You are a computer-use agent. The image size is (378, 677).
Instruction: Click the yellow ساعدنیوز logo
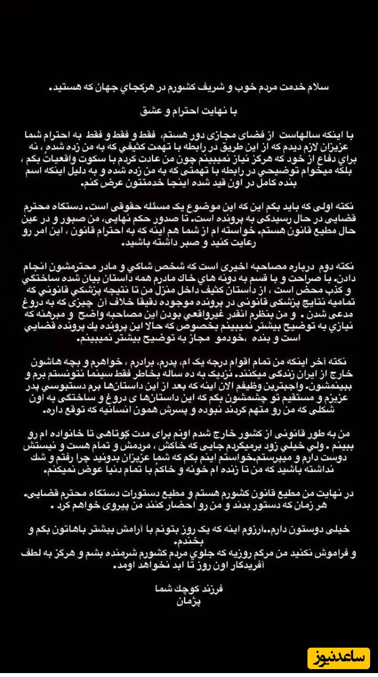[x=338, y=656]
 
